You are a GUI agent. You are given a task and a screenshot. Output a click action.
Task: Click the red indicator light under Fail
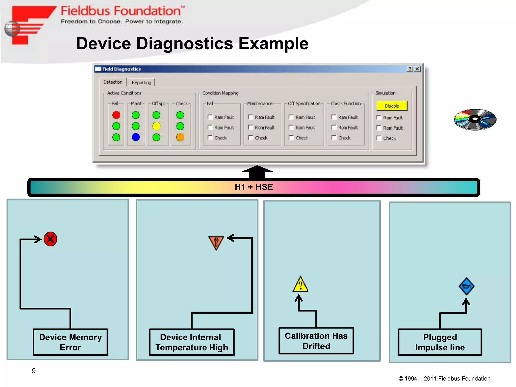point(116,115)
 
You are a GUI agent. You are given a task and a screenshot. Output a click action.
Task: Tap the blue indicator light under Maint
point(136,137)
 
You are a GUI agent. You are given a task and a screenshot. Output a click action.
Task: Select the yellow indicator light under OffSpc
point(156,126)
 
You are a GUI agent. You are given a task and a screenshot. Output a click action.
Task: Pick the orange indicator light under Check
point(180,137)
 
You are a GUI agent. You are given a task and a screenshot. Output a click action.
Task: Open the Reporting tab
point(141,82)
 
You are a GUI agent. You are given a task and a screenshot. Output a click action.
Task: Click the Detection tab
point(113,82)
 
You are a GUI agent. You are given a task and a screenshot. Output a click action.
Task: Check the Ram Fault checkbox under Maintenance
point(250,117)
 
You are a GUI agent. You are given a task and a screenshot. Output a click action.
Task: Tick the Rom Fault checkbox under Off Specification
point(291,127)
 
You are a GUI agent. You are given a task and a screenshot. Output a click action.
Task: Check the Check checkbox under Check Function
point(334,138)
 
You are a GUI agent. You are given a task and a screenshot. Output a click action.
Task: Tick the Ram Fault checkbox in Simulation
point(379,118)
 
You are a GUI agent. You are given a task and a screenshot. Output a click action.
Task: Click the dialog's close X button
point(417,69)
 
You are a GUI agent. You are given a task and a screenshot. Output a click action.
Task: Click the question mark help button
point(410,69)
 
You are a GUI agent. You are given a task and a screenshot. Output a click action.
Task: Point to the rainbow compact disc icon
point(475,119)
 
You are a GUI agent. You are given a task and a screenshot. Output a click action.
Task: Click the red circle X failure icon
point(50,239)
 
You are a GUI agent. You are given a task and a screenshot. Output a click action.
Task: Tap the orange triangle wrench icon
point(216,242)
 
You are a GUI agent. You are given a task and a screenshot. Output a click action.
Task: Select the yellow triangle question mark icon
point(300,285)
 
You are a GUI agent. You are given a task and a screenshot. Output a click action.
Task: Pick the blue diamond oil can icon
point(466,286)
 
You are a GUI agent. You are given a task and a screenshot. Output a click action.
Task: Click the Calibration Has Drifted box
point(316,341)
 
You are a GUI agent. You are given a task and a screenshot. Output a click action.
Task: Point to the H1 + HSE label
point(254,187)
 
